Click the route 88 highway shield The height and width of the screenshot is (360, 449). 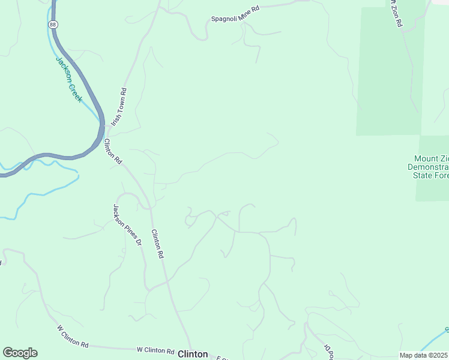click(x=53, y=24)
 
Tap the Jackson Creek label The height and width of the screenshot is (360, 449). click(x=68, y=79)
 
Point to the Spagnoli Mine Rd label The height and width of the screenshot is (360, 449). click(x=235, y=14)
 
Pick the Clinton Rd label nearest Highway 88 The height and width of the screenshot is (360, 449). click(x=113, y=152)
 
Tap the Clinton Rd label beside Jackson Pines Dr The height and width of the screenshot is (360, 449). click(x=158, y=244)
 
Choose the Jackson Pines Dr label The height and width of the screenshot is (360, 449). click(x=127, y=225)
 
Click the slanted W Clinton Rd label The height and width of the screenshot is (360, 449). click(x=73, y=337)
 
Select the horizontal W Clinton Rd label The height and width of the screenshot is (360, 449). click(x=155, y=350)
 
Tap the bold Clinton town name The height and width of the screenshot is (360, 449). click(x=193, y=354)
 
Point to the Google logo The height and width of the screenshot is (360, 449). click(x=20, y=353)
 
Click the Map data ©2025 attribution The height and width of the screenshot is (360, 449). click(x=423, y=355)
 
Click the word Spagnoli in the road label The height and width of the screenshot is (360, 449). click(x=224, y=17)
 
